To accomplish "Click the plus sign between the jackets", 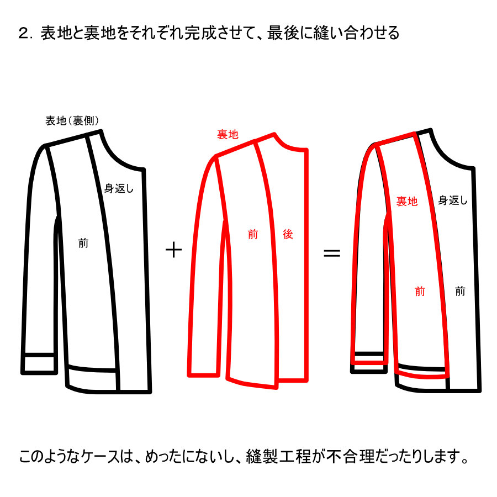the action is point(174,250).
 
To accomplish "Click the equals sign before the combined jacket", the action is point(331,252).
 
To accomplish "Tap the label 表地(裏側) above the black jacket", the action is point(72,120).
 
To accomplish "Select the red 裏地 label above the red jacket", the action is point(228,134).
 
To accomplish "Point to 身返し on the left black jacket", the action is point(119,189).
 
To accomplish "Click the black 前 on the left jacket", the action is point(83,244).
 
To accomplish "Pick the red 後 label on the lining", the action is point(288,234).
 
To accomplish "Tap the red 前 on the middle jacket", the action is point(252,234).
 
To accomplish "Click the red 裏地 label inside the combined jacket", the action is point(407,201).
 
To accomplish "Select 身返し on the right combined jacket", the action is point(453,200).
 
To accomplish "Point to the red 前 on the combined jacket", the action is point(420,291).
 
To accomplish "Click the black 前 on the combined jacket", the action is point(460,291).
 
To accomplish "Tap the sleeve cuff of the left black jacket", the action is point(39,363).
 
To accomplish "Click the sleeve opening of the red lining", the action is point(203,375).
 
